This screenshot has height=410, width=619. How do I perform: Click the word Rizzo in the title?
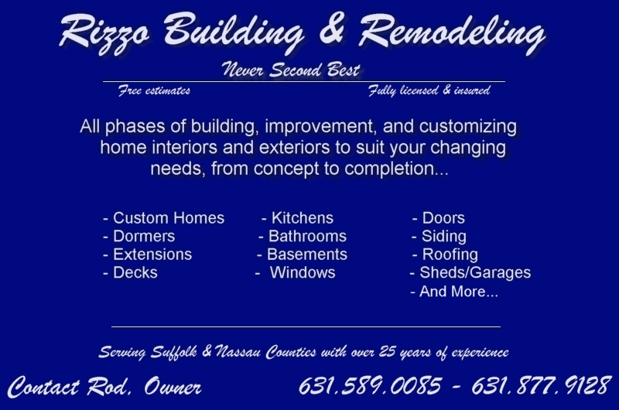point(104,32)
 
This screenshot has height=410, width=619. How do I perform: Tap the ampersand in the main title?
point(333,29)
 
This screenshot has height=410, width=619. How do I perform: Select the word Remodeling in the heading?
point(452,32)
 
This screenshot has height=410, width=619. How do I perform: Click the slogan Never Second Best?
point(291,70)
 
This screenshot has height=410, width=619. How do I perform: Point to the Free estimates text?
point(154,91)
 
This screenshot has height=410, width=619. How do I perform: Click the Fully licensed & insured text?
point(429,91)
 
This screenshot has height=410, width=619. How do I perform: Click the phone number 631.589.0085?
point(370,385)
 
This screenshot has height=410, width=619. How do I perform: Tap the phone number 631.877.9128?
point(541,385)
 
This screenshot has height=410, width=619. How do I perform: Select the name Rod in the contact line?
point(108,386)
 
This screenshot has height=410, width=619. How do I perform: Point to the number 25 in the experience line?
point(388,350)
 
